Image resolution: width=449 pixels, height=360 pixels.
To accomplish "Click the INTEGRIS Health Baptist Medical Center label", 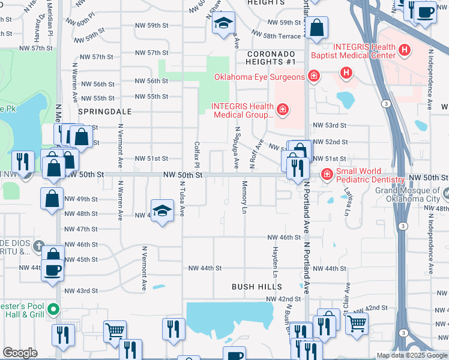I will pyautogui.click(x=352, y=52).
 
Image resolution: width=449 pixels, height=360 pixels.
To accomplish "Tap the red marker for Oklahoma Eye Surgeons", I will pyautogui.click(x=313, y=76).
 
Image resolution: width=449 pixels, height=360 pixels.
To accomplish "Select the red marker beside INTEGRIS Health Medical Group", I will pyautogui.click(x=282, y=110).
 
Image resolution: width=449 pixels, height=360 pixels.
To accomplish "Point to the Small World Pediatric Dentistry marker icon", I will pyautogui.click(x=327, y=175).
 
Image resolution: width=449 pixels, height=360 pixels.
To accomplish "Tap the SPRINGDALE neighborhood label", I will pyautogui.click(x=100, y=112).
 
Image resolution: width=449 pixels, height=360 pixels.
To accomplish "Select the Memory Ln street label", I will pyautogui.click(x=244, y=197).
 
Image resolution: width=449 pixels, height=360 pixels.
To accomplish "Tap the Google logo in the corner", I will pyautogui.click(x=20, y=353).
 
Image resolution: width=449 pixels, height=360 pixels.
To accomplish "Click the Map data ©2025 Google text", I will pyautogui.click(x=412, y=355).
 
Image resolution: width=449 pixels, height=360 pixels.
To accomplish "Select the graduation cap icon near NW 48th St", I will pyautogui.click(x=161, y=211).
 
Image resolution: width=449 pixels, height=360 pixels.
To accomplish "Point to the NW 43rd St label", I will pyautogui.click(x=81, y=291).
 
